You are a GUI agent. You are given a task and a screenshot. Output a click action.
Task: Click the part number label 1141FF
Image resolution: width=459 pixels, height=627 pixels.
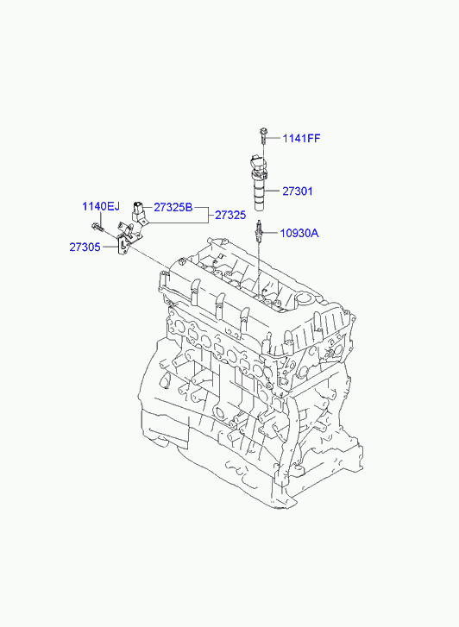[x=301, y=138]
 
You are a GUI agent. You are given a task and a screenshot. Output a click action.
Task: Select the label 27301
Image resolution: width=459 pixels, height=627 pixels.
[x=298, y=191]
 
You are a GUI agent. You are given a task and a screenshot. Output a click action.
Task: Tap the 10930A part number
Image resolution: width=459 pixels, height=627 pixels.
[x=299, y=233]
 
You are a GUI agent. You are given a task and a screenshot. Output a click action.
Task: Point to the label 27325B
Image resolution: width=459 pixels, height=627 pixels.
[x=173, y=208]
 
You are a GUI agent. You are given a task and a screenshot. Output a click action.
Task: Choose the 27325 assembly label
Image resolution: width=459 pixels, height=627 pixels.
[x=230, y=215]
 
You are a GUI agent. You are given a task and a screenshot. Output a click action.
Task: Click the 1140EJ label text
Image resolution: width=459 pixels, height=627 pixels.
[x=101, y=207]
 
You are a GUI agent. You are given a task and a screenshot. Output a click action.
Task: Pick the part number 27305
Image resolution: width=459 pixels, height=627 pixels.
[x=85, y=248]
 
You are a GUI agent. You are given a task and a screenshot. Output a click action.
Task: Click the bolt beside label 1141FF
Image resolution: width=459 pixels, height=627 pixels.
[x=263, y=135]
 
